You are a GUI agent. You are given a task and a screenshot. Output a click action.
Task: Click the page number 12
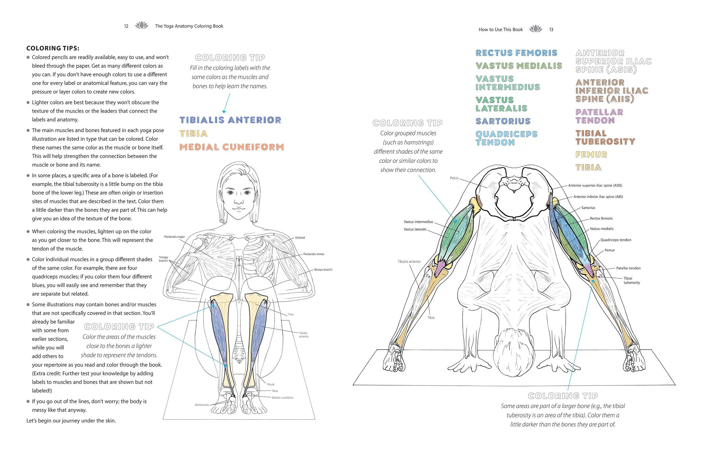[x=126, y=26]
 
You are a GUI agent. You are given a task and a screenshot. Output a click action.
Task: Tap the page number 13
[x=551, y=30]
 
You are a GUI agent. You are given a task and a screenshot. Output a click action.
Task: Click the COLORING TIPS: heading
[x=53, y=48]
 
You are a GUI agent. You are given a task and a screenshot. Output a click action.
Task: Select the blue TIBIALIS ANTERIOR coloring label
[x=230, y=120]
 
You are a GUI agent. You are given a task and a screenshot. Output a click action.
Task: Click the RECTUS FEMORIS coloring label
[x=516, y=53]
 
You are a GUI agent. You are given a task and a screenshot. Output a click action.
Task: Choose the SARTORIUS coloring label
[x=503, y=121]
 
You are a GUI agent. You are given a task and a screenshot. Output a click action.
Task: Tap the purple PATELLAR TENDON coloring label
[x=599, y=116]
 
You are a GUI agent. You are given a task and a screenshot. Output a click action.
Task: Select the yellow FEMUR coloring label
[x=591, y=154]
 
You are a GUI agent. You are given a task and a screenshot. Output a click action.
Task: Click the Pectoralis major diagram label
[x=175, y=237]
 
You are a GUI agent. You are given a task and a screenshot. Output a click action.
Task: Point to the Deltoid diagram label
[x=300, y=237]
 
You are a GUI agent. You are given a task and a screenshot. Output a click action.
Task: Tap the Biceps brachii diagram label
[x=323, y=269]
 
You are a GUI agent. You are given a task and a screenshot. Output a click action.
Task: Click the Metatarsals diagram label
[x=202, y=405]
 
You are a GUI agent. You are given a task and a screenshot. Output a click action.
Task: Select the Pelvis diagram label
[x=454, y=178]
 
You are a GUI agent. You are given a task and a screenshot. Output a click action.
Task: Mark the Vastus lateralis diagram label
[x=415, y=229]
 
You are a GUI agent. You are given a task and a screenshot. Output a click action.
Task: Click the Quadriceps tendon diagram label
[x=616, y=240]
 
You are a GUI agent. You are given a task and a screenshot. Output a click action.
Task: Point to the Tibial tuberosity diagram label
[x=632, y=280]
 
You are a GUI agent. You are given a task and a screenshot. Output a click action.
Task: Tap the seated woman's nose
[x=239, y=199]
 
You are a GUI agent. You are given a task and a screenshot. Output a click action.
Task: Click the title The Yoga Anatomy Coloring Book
[x=189, y=26]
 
